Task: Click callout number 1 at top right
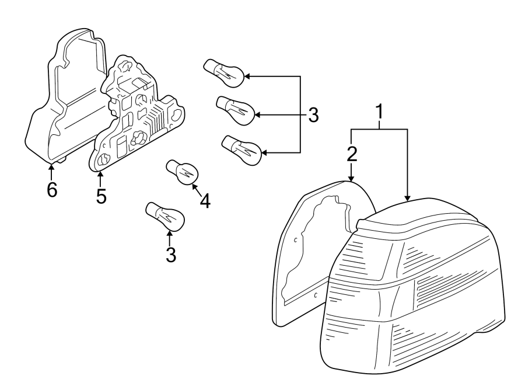[380, 111]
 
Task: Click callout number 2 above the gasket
[351, 154]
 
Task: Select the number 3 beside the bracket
[313, 115]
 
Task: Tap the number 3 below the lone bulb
[170, 255]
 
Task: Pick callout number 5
[101, 196]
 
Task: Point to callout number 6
[52, 190]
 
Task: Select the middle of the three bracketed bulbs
[236, 110]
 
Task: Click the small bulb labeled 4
[184, 172]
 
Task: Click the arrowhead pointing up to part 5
[100, 176]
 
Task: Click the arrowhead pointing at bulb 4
[195, 188]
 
